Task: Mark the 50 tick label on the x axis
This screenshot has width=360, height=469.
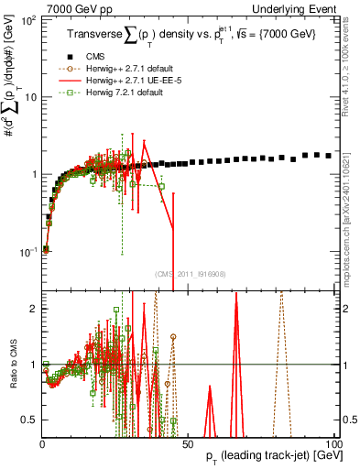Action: [x=188, y=442]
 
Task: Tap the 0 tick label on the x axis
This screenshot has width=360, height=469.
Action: [x=43, y=442]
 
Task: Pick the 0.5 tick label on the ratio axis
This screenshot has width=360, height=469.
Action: [x=31, y=420]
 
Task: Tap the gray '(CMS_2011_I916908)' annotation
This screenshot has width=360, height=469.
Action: [x=191, y=273]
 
